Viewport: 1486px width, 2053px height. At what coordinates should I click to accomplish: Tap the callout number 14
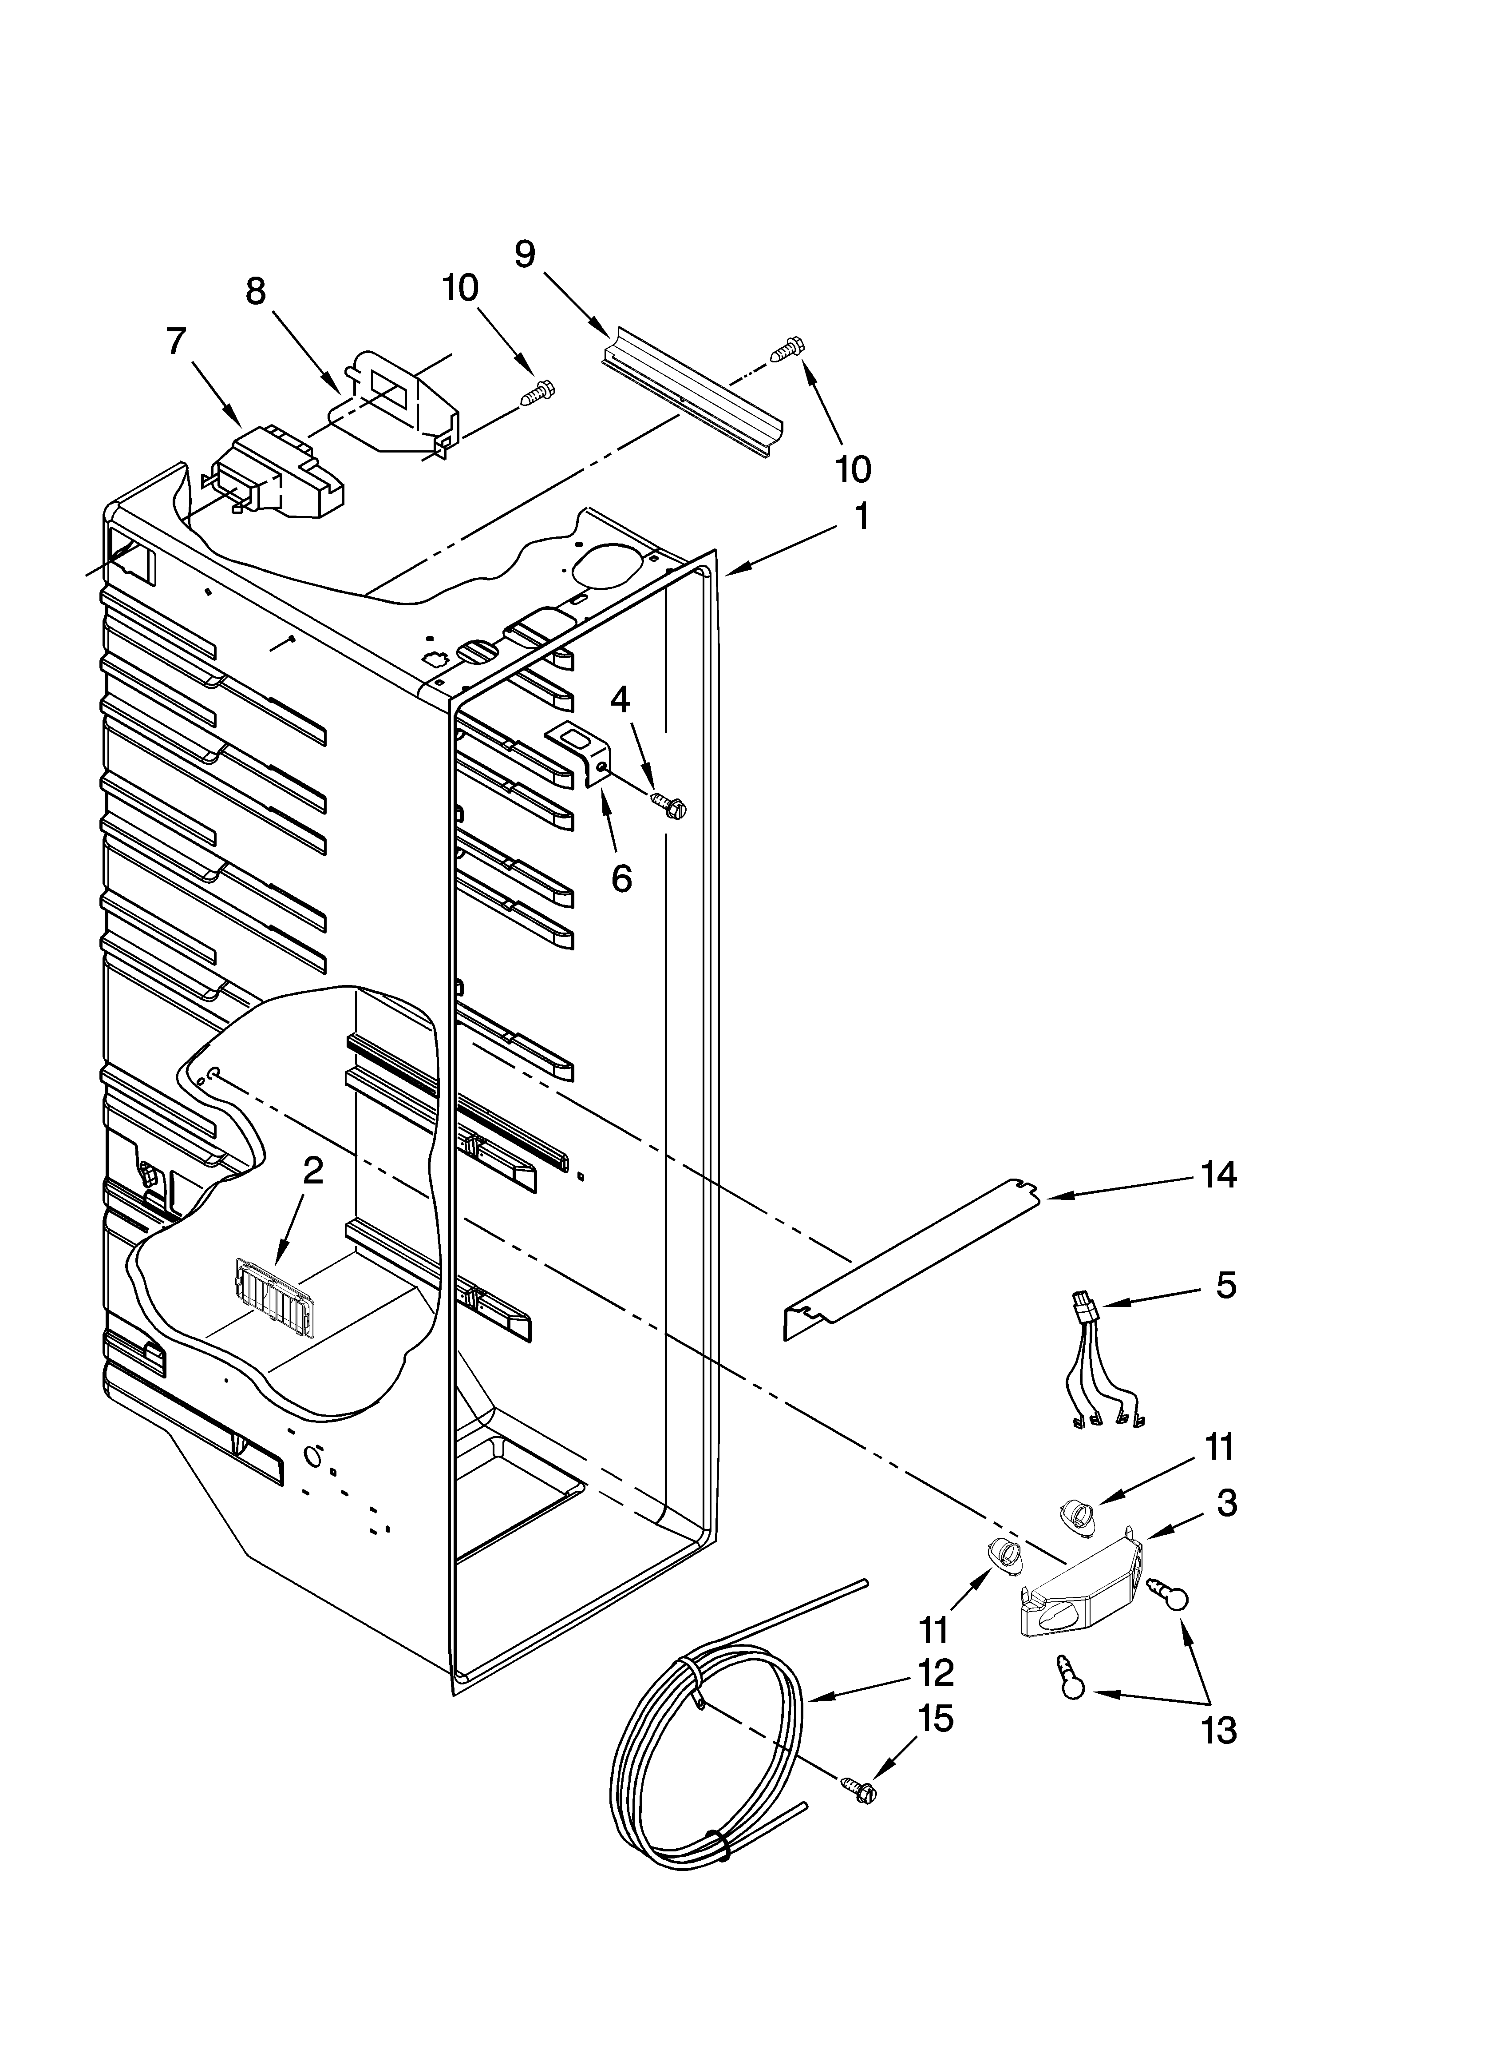pyautogui.click(x=1219, y=1175)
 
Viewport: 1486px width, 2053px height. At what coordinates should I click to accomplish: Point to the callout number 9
pyautogui.click(x=525, y=254)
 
